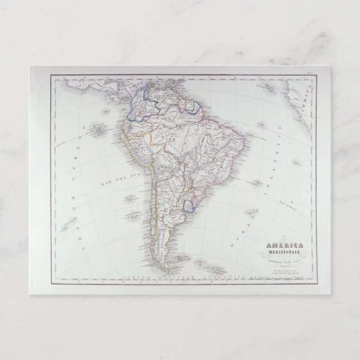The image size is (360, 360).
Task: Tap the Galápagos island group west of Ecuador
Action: coord(99,115)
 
